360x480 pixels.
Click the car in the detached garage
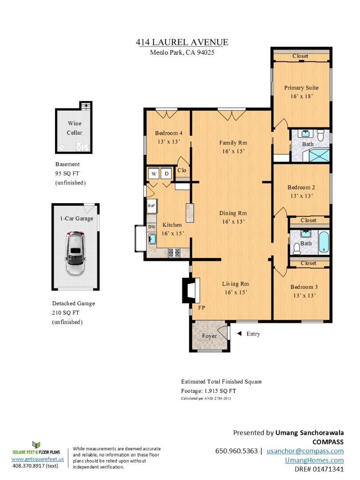(75, 253)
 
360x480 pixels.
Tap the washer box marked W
(154, 174)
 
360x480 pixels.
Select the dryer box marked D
(167, 174)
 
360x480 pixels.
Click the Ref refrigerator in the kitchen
(152, 206)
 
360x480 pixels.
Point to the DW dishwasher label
(152, 227)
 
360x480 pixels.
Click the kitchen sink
(152, 239)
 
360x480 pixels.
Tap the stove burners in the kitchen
(174, 252)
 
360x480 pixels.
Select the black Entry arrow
(240, 333)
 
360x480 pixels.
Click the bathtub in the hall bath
(324, 242)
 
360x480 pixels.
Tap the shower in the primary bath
(319, 156)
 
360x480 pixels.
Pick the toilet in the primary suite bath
(320, 135)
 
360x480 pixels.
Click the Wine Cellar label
(75, 128)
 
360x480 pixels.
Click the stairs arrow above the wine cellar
(87, 107)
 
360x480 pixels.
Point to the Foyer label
(209, 336)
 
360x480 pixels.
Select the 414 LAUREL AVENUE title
(182, 42)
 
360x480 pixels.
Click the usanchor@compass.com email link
(305, 451)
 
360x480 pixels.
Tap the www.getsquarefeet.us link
(38, 459)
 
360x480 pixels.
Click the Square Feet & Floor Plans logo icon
(36, 445)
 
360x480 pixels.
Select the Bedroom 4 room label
(169, 133)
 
